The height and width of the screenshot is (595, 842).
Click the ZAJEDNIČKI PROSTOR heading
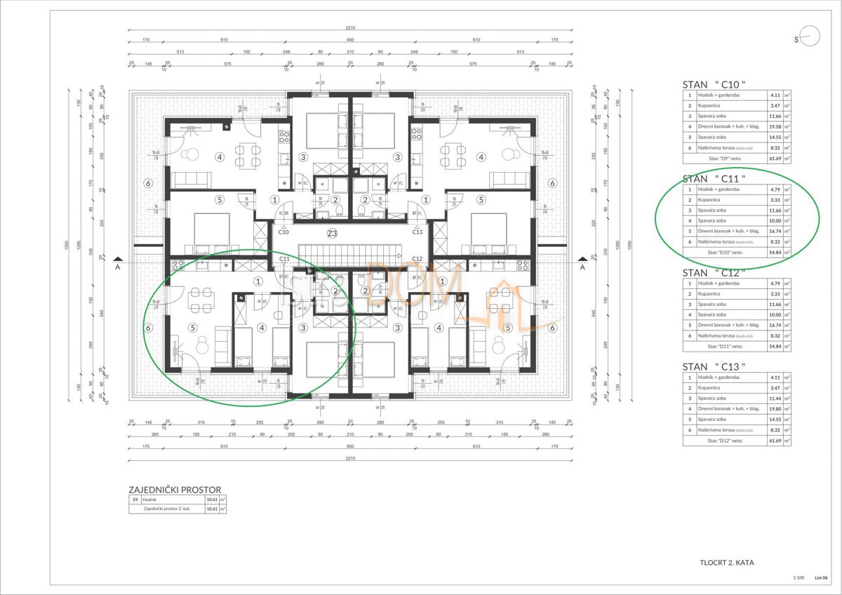(175, 489)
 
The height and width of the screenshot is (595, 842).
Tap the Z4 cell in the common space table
(135, 500)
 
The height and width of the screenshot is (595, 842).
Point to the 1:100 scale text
(798, 577)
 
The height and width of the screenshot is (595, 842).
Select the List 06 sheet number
(821, 577)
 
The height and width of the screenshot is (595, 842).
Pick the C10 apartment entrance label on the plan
(283, 232)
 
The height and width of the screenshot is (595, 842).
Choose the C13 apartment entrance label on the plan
(417, 232)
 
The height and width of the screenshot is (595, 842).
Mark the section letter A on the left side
(119, 267)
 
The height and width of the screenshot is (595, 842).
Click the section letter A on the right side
(582, 267)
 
